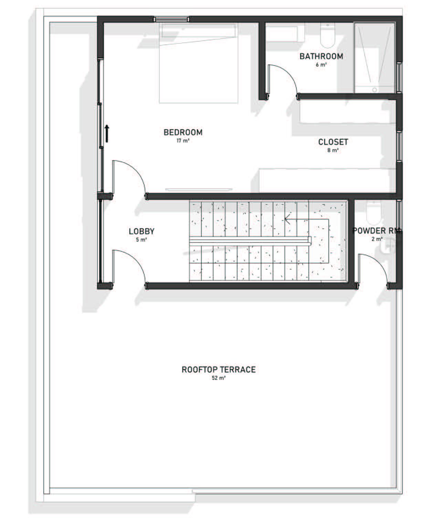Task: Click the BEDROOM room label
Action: pos(183,132)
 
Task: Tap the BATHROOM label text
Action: pos(321,56)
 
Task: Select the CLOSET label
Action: pos(333,142)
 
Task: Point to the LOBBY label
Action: pos(141,231)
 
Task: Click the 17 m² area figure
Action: pos(183,141)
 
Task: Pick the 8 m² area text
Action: pos(333,150)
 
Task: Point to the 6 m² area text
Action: pos(321,64)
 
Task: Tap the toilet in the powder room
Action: pos(374,213)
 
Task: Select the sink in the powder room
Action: pos(388,246)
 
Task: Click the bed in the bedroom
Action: pos(199,63)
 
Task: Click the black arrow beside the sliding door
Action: pos(107,134)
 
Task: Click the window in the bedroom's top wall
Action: pos(171,19)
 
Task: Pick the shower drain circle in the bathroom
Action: pos(374,90)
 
